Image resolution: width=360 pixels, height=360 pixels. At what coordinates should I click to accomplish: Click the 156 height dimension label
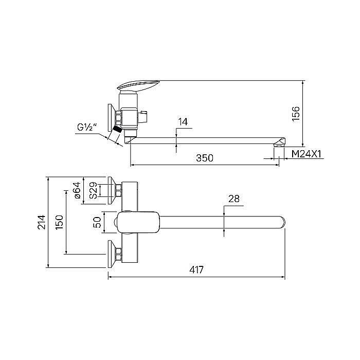point(296,114)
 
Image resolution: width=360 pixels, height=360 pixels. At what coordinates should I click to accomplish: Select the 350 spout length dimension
point(205,158)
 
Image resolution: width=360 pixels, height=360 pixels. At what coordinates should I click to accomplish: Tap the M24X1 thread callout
point(307,154)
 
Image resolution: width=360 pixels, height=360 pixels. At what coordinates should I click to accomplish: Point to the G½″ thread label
point(87,127)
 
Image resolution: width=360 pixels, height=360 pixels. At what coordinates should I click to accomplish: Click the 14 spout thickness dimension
point(183,122)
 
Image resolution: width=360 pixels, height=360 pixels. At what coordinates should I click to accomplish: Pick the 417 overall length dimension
point(196,269)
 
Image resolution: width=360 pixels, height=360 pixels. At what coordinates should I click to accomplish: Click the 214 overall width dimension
point(42,222)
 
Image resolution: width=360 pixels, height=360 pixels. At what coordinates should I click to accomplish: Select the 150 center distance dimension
point(59,222)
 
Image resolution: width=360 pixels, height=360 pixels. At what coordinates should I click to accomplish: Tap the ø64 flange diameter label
point(77,190)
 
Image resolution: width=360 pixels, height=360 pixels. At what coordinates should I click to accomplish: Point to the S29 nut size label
point(93,190)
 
